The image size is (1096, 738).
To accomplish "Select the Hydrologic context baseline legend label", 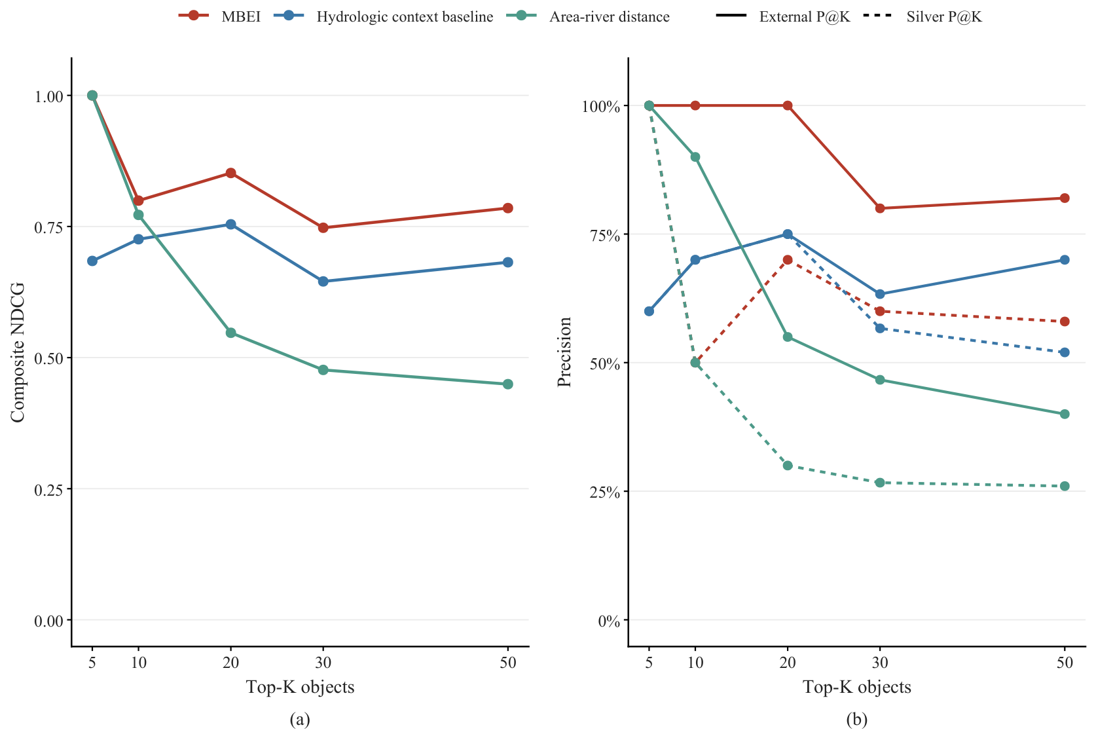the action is point(405,16).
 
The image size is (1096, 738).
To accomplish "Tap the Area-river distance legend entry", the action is point(609,16).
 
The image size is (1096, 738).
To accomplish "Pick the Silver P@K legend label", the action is point(944,16).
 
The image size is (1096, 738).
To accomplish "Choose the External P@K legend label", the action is point(805,16).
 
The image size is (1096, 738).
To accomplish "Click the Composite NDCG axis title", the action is point(18,352).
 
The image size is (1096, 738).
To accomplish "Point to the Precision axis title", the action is point(564,352).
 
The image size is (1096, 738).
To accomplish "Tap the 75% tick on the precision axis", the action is point(605,235).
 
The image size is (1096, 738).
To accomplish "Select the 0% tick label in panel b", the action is point(609,621).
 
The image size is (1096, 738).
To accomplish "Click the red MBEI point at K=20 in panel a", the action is point(230,174).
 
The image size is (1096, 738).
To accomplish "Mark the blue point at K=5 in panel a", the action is point(92,261).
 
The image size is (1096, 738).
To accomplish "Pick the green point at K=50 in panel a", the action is point(508,384).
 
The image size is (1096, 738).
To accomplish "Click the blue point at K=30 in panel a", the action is point(323,282).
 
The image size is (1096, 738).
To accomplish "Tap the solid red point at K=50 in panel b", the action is point(1064,198).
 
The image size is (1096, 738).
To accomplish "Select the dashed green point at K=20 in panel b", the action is point(787,466).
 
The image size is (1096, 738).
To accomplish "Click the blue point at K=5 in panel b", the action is point(649,311).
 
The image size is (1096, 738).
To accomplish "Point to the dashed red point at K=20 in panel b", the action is point(787,260).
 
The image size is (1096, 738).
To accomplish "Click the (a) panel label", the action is point(300,720).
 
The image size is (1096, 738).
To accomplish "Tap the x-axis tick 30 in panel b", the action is point(880,663).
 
